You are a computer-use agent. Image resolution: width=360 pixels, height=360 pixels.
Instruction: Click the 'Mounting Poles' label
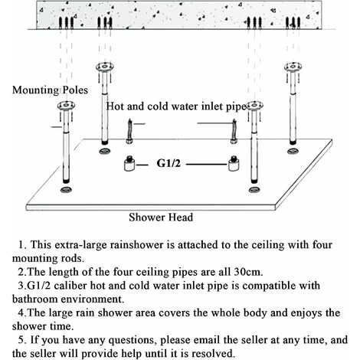click(50, 90)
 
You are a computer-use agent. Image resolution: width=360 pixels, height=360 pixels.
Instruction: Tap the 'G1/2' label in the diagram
click(169, 163)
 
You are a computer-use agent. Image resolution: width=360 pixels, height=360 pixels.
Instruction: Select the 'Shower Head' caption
click(161, 218)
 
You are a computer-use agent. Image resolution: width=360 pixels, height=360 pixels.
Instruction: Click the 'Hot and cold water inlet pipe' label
click(176, 106)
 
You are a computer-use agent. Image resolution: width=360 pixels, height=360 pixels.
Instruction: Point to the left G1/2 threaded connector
click(129, 163)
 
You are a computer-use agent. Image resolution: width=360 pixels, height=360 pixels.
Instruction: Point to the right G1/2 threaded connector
click(233, 163)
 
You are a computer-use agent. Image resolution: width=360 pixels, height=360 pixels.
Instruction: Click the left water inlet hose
click(129, 131)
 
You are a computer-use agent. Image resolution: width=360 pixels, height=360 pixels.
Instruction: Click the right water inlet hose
click(234, 131)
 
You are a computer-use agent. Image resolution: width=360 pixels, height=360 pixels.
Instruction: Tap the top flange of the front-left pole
click(66, 105)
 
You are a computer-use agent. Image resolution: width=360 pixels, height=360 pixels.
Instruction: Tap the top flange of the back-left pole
click(105, 67)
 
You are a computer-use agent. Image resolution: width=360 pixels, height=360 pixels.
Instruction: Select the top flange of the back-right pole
click(293, 67)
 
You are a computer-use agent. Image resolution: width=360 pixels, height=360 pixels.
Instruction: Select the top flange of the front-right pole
click(254, 105)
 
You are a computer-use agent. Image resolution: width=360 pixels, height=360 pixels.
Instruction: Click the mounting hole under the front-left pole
click(66, 190)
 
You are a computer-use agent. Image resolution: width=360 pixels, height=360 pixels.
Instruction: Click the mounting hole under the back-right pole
click(293, 151)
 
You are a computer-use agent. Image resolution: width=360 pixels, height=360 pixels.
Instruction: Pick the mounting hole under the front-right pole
click(254, 190)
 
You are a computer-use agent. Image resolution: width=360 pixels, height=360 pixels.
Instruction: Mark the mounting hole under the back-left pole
click(105, 151)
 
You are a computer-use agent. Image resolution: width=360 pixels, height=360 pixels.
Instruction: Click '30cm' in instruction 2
click(248, 272)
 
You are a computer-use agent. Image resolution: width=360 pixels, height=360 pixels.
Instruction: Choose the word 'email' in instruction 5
click(206, 340)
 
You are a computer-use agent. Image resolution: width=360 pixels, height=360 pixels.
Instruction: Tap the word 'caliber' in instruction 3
click(70, 286)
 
